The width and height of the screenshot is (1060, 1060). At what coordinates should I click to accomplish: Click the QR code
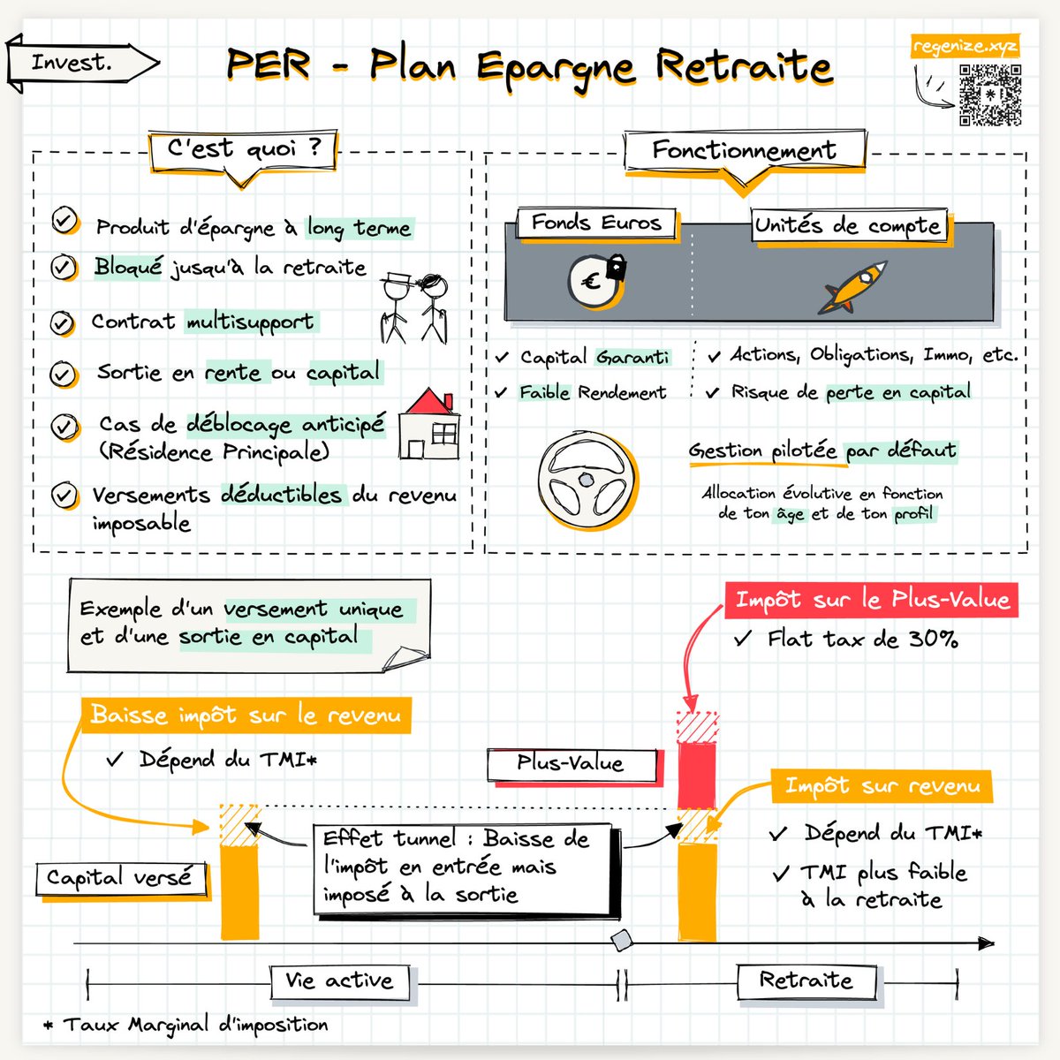click(x=990, y=95)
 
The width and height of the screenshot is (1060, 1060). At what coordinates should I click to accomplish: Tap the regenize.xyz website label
click(x=965, y=46)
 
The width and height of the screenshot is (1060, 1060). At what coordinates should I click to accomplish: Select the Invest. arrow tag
click(x=82, y=63)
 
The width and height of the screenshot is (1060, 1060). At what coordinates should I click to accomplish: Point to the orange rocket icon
click(x=852, y=287)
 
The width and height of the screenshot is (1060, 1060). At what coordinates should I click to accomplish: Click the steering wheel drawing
click(x=587, y=481)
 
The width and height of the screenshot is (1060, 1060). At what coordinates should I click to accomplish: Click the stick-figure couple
click(x=413, y=308)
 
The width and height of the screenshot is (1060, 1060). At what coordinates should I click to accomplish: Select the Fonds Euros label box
click(x=597, y=223)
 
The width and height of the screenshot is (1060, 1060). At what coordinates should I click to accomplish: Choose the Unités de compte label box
click(x=850, y=225)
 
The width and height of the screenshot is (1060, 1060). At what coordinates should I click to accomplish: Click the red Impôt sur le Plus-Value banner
click(x=871, y=600)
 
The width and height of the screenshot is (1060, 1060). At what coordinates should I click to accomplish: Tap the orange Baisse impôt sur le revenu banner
click(x=246, y=715)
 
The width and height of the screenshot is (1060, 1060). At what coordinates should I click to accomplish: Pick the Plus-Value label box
click(x=572, y=765)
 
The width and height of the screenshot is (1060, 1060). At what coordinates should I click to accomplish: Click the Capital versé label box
click(x=121, y=878)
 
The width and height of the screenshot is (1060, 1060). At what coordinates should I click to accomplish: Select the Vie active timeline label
click(x=340, y=981)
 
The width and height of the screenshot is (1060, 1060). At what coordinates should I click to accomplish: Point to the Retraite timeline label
click(x=806, y=981)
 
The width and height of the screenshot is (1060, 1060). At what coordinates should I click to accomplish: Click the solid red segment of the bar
click(x=697, y=775)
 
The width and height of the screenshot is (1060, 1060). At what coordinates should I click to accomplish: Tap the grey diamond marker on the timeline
click(x=622, y=940)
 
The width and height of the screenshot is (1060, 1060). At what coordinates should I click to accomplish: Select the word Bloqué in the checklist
click(x=128, y=268)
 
